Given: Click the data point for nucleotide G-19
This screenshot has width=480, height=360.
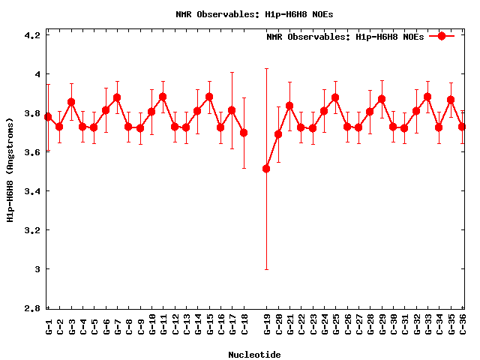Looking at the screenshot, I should pos(266,169).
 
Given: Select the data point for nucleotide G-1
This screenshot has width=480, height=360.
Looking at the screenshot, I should pos(48,117).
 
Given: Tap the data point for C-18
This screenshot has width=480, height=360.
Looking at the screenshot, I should pos(244,133).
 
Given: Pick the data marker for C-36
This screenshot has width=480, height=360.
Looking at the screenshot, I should pos(463,127).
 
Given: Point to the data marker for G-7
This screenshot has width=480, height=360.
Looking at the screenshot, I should pos(117,97).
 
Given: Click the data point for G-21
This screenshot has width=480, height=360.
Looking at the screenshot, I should pos(289,106).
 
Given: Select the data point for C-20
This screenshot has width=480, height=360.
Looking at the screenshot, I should pos(278,134).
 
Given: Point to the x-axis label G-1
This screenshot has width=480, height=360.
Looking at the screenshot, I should pos(49,326).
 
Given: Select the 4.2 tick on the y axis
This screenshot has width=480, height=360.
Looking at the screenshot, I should pos(31,35).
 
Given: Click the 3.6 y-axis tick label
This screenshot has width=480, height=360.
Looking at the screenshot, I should pos(31,152).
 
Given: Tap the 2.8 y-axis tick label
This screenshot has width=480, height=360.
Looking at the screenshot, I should pos(31,308).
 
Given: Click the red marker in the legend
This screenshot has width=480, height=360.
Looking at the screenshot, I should pos(442,36).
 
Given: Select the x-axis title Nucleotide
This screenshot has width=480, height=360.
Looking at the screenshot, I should pos(254,355).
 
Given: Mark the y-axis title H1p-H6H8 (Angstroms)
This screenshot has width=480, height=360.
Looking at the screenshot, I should pos(10,172).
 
